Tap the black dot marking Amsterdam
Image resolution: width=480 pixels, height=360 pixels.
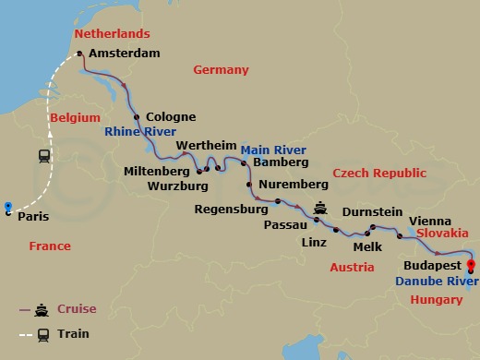79,54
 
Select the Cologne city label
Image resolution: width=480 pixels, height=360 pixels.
171,117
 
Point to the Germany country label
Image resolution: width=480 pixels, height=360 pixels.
221,70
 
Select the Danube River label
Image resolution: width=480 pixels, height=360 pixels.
429,280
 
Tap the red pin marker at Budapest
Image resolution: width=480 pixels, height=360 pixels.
473,267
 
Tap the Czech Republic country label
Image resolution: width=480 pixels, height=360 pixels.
379,174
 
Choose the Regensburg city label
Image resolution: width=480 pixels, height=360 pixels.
231,210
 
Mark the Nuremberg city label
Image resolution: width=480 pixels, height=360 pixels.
287,184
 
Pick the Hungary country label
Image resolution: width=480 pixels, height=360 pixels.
436,300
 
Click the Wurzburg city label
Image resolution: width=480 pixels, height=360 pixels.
179,185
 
